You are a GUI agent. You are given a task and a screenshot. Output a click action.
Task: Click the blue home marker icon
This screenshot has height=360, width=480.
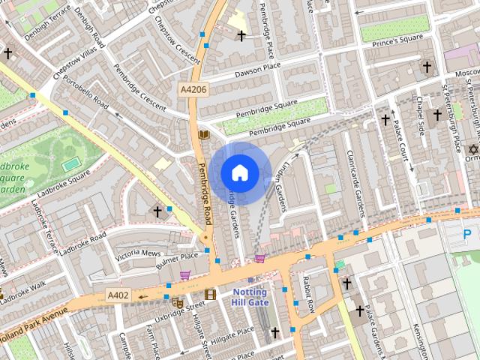coord(239,173)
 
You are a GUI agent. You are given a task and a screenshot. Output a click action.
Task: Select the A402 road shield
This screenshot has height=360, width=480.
coord(118,295)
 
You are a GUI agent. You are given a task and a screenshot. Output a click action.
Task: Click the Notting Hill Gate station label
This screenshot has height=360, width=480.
coord(250,296)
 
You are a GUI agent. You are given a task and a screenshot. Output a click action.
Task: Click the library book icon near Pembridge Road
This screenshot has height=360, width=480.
coord(203,134)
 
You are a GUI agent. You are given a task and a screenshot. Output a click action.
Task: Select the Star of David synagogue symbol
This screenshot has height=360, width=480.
coord(472,150)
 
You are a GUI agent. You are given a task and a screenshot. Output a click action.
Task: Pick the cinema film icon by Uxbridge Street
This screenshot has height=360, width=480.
coord(210,294)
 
